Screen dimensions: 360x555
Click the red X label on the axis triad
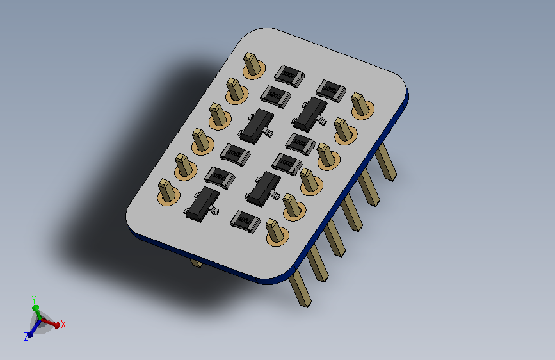coord(63,324)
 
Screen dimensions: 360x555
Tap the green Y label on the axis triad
coord(33,299)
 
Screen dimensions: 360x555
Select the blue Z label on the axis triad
coord(26,337)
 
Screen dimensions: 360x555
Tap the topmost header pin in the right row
coord(361,104)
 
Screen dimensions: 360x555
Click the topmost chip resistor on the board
coord(289,76)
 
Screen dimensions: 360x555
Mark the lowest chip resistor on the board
coord(245,220)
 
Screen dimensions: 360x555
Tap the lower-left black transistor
coord(202,202)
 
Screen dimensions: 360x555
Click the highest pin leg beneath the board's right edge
coord(385,161)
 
